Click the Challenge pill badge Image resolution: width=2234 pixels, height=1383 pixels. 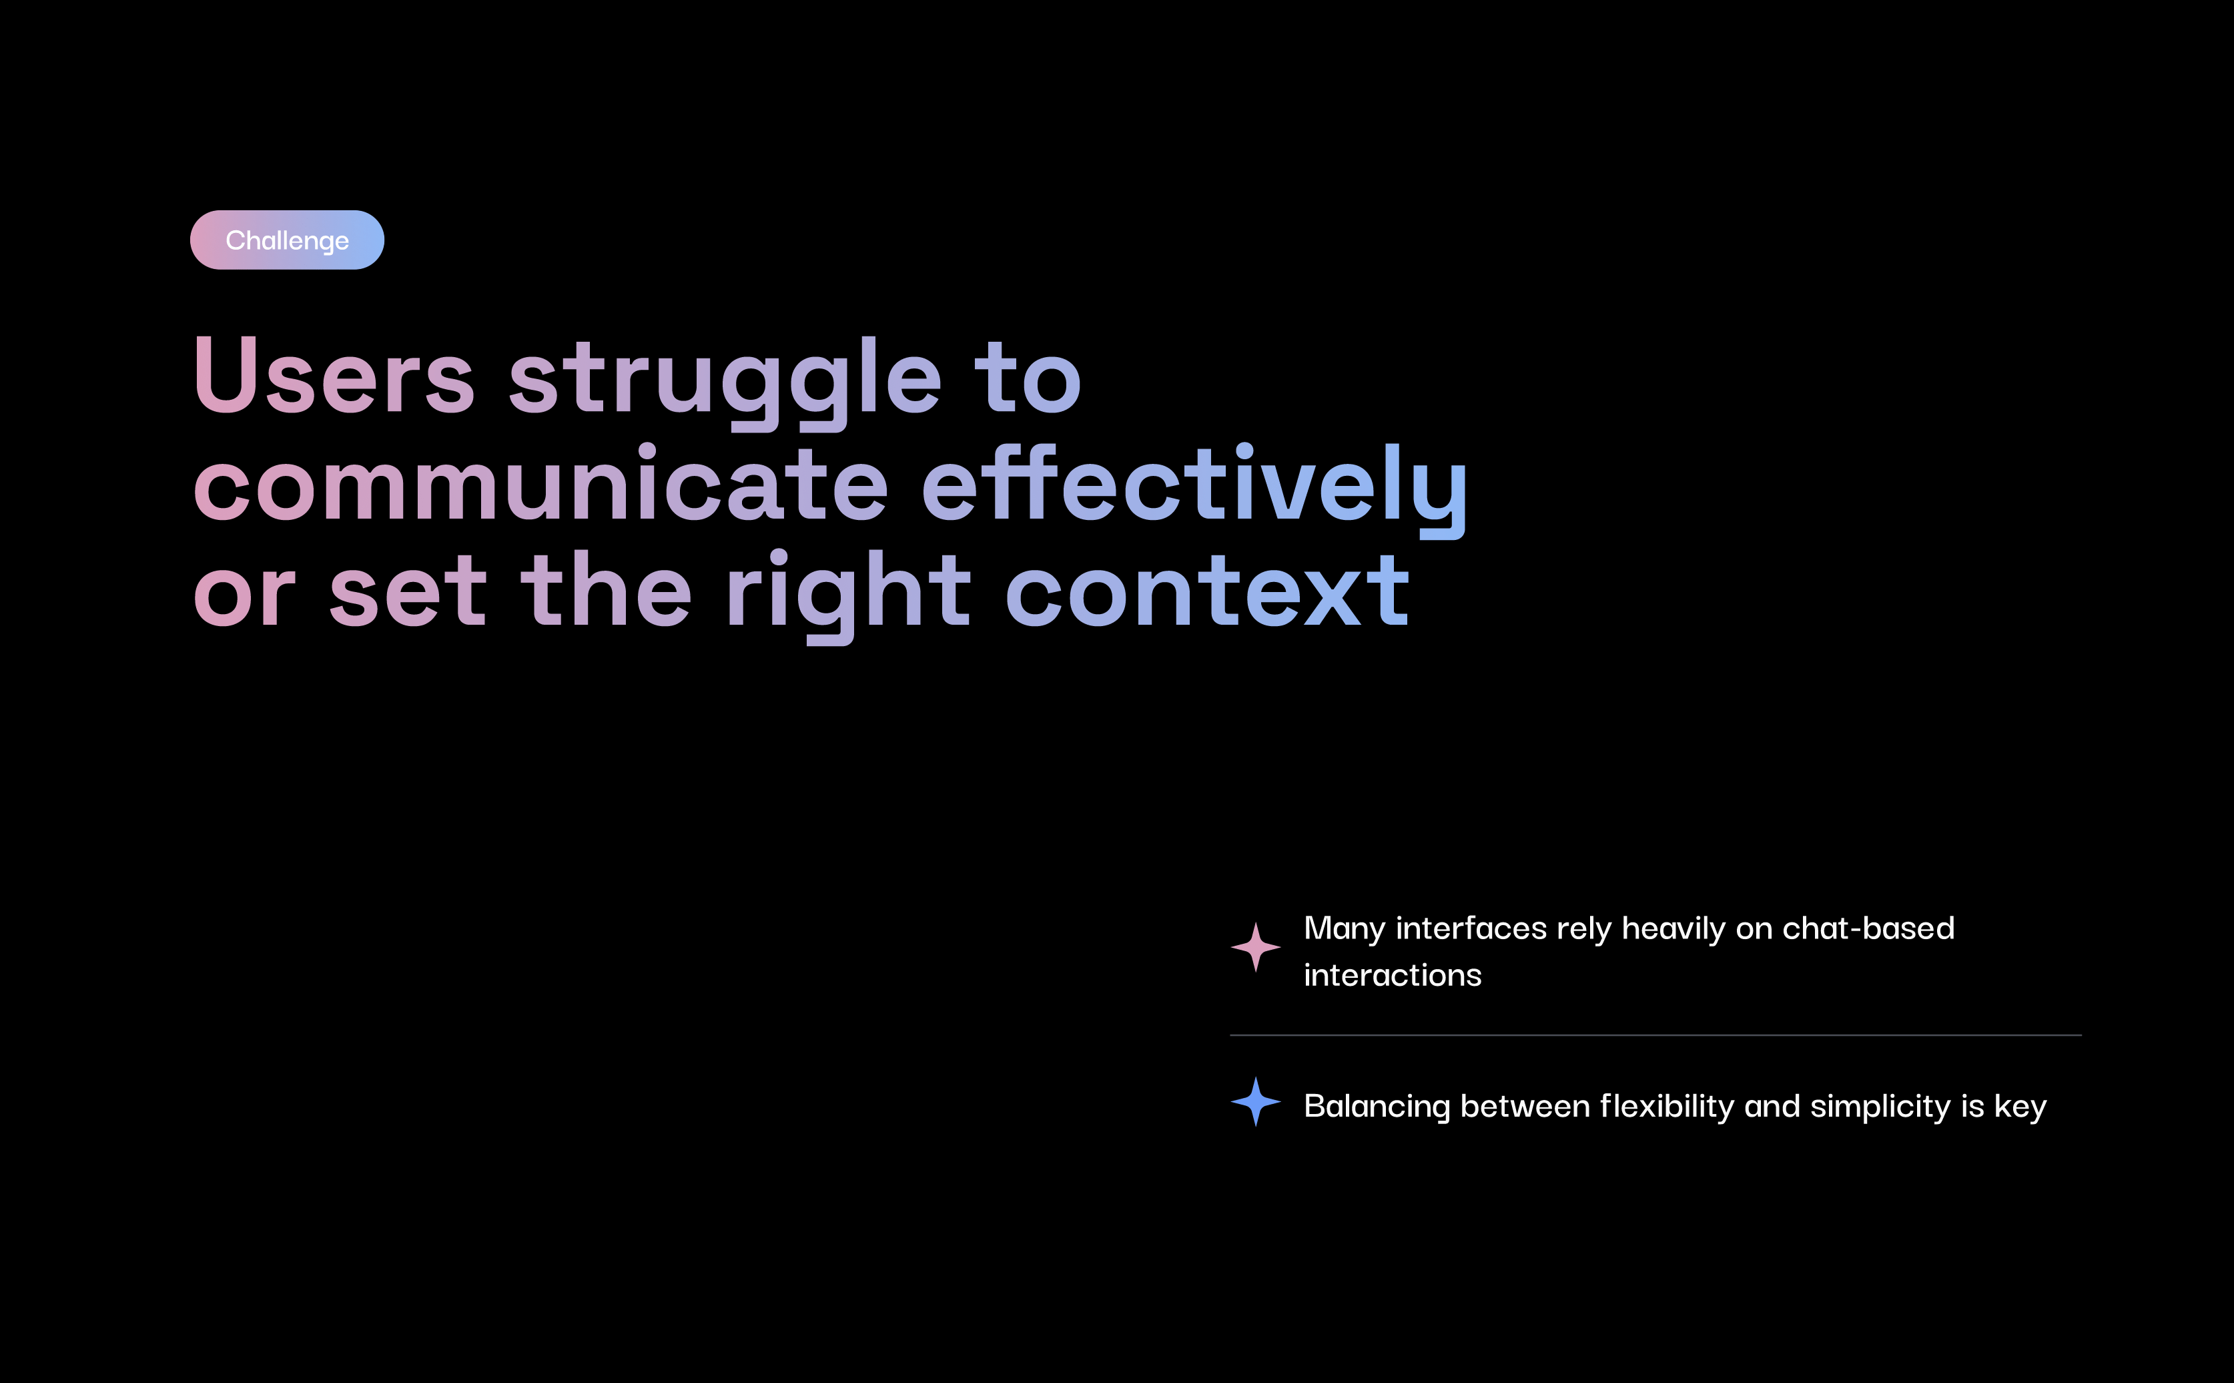click(287, 240)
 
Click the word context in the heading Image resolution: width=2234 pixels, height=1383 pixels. click(1207, 592)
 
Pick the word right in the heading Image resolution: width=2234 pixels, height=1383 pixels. click(849, 595)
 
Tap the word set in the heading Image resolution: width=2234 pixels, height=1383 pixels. click(408, 592)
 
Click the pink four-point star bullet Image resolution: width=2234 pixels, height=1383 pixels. click(1256, 946)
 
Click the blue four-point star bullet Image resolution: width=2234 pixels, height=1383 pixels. click(1256, 1101)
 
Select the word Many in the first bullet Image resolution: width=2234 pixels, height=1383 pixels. click(1345, 929)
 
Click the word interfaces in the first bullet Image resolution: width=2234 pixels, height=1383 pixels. click(1471, 928)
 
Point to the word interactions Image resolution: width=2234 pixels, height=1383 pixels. click(1393, 975)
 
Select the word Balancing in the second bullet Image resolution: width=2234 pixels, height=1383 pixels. click(1377, 1107)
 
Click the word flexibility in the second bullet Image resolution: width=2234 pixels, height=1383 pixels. click(1667, 1107)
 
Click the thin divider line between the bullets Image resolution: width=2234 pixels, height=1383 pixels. click(1655, 1035)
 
